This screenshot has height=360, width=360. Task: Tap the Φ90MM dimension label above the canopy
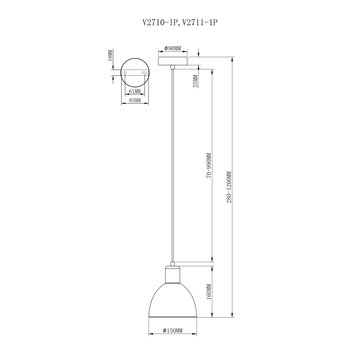point(174,47)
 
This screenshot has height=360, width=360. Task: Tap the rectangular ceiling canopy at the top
point(174,59)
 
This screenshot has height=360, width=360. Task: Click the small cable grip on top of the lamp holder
point(174,263)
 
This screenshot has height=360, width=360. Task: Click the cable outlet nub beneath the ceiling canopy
point(174,66)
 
